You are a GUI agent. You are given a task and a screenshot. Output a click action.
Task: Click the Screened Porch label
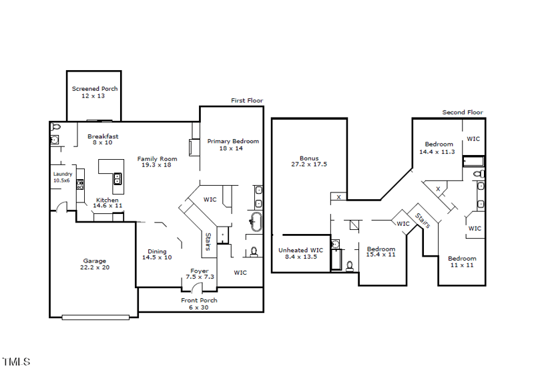94,92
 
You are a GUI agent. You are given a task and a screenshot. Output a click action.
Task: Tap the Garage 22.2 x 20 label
94,264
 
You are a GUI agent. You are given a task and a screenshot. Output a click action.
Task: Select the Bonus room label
309,161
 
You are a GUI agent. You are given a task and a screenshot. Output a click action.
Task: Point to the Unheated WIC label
300,253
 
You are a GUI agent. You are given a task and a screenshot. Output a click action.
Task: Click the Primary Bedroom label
232,144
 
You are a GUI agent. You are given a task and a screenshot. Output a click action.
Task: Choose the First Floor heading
247,101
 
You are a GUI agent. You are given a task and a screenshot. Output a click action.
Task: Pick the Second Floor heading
463,112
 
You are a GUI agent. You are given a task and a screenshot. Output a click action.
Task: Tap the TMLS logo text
16,362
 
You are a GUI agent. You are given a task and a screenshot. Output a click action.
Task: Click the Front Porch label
199,304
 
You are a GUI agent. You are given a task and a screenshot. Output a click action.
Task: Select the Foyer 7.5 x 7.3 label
199,274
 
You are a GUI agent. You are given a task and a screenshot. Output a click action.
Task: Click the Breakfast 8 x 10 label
103,139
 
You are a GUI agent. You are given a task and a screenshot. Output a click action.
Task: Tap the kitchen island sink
117,178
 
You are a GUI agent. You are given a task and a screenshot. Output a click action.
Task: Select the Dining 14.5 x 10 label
157,254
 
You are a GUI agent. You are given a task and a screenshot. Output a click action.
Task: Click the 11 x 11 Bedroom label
462,262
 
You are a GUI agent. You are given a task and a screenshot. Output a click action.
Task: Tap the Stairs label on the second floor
423,221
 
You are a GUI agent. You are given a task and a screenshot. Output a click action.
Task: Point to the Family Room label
157,161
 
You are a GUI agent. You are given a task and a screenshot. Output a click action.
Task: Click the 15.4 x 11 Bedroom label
381,252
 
